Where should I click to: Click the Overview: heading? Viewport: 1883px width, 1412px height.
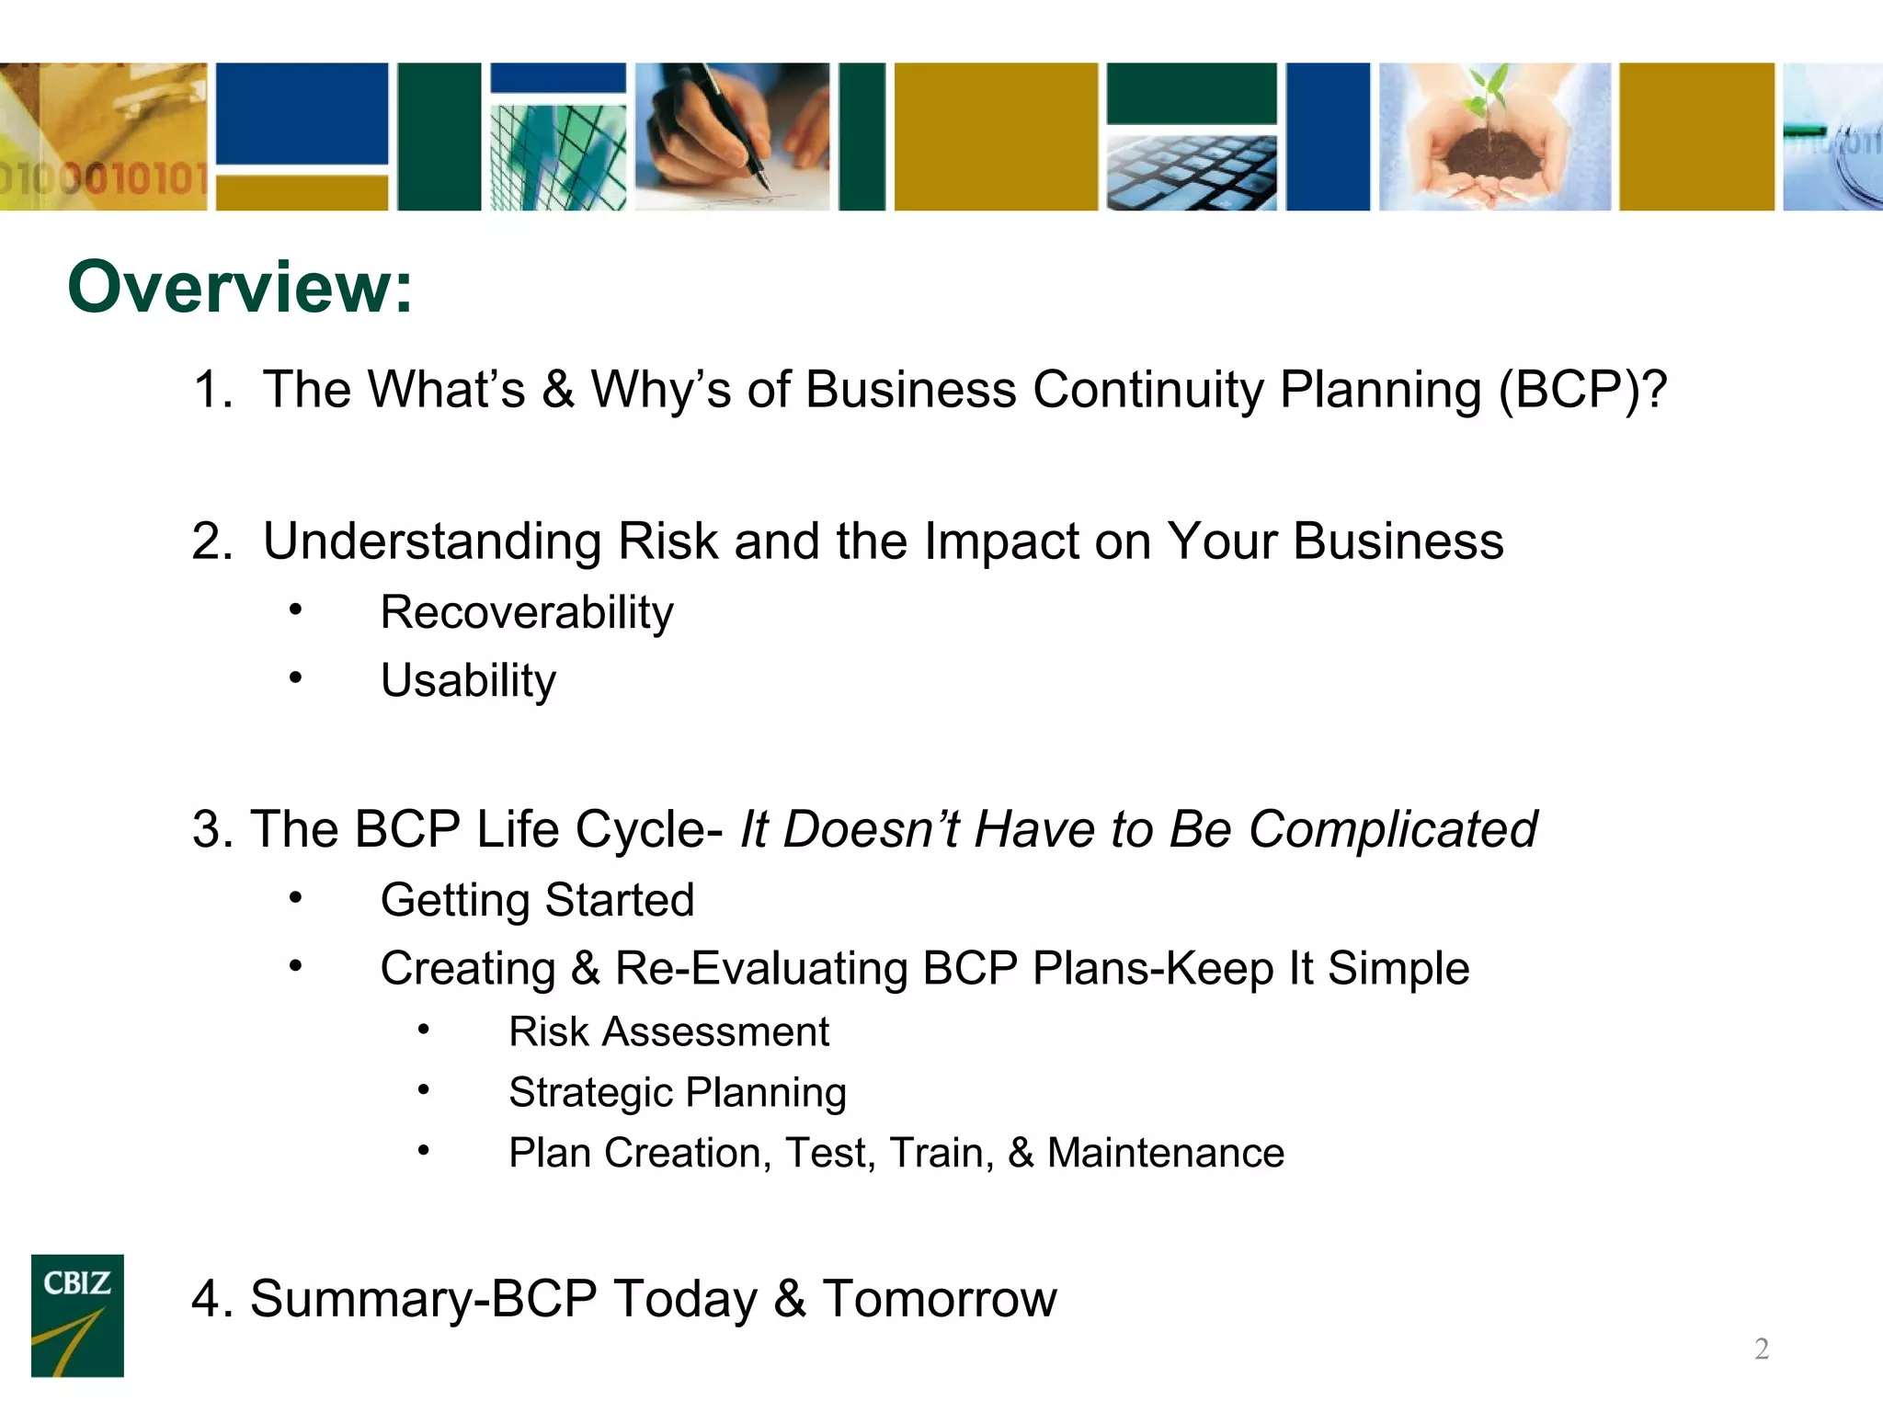(240, 288)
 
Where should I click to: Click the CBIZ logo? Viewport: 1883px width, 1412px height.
(77, 1315)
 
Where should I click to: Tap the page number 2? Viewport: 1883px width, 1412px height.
(1761, 1349)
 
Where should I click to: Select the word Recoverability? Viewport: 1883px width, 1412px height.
(526, 612)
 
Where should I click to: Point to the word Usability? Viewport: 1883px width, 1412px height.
(468, 681)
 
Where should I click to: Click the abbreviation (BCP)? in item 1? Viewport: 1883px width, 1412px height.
(1581, 389)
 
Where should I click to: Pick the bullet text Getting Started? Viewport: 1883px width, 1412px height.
(537, 900)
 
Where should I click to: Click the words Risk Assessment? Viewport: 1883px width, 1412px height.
(668, 1031)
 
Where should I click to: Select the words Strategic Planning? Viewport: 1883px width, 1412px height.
(677, 1092)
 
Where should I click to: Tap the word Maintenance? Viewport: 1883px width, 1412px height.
(1165, 1153)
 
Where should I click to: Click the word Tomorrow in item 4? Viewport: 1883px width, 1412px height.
(939, 1299)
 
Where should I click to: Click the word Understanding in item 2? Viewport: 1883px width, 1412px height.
(431, 541)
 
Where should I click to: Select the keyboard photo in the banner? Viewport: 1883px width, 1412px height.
(1191, 173)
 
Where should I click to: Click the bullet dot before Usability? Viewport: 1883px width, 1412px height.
(294, 678)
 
